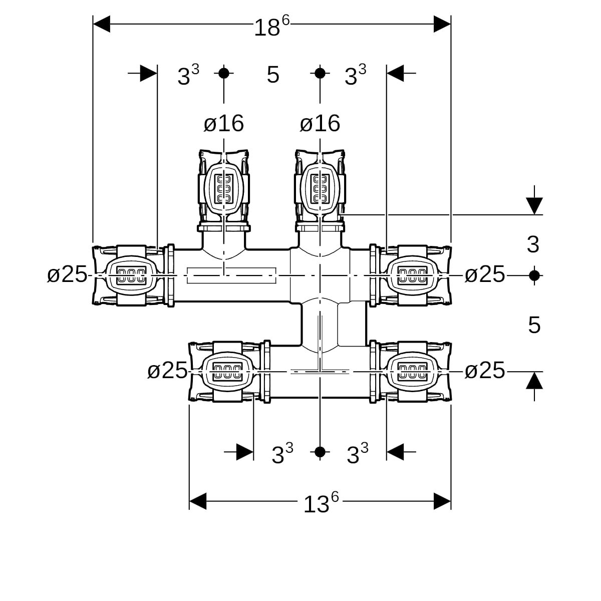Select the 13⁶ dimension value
click(x=321, y=503)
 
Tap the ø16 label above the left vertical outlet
click(x=223, y=123)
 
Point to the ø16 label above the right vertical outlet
click(x=320, y=123)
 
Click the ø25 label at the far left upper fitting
click(x=67, y=274)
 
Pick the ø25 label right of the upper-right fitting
click(x=484, y=274)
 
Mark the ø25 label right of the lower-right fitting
click(x=484, y=371)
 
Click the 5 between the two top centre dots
click(x=272, y=75)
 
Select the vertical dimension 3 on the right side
click(x=533, y=244)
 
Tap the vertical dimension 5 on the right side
click(x=534, y=326)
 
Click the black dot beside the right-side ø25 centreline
click(x=534, y=275)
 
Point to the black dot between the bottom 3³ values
click(x=320, y=452)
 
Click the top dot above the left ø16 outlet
click(x=224, y=73)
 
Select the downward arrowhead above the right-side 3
click(x=534, y=205)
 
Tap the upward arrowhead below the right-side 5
click(x=534, y=382)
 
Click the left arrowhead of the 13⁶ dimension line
click(x=198, y=501)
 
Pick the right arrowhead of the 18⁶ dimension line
click(x=442, y=24)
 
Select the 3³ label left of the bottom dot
click(x=282, y=454)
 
